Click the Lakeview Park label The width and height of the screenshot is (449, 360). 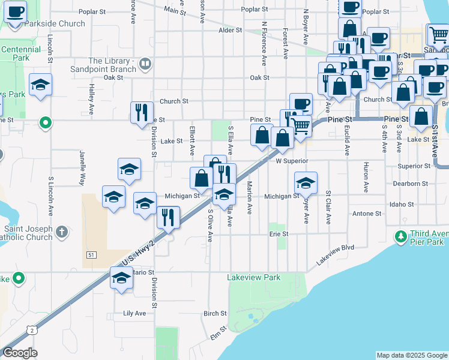(x=254, y=278)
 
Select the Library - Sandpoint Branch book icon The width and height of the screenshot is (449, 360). (x=145, y=64)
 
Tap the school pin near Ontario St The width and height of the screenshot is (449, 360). (x=121, y=278)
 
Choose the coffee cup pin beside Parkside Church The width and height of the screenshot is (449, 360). (x=15, y=11)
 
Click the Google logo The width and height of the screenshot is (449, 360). (x=20, y=353)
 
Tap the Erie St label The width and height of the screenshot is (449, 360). (x=279, y=234)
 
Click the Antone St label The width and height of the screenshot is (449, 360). (x=367, y=214)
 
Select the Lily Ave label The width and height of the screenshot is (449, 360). (x=134, y=313)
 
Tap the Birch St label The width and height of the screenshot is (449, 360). (x=215, y=313)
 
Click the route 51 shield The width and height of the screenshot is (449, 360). (x=91, y=255)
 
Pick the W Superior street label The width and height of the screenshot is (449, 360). (x=292, y=161)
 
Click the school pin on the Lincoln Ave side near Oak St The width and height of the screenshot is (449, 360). (x=40, y=85)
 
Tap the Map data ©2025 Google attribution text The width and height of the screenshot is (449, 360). (x=411, y=355)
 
